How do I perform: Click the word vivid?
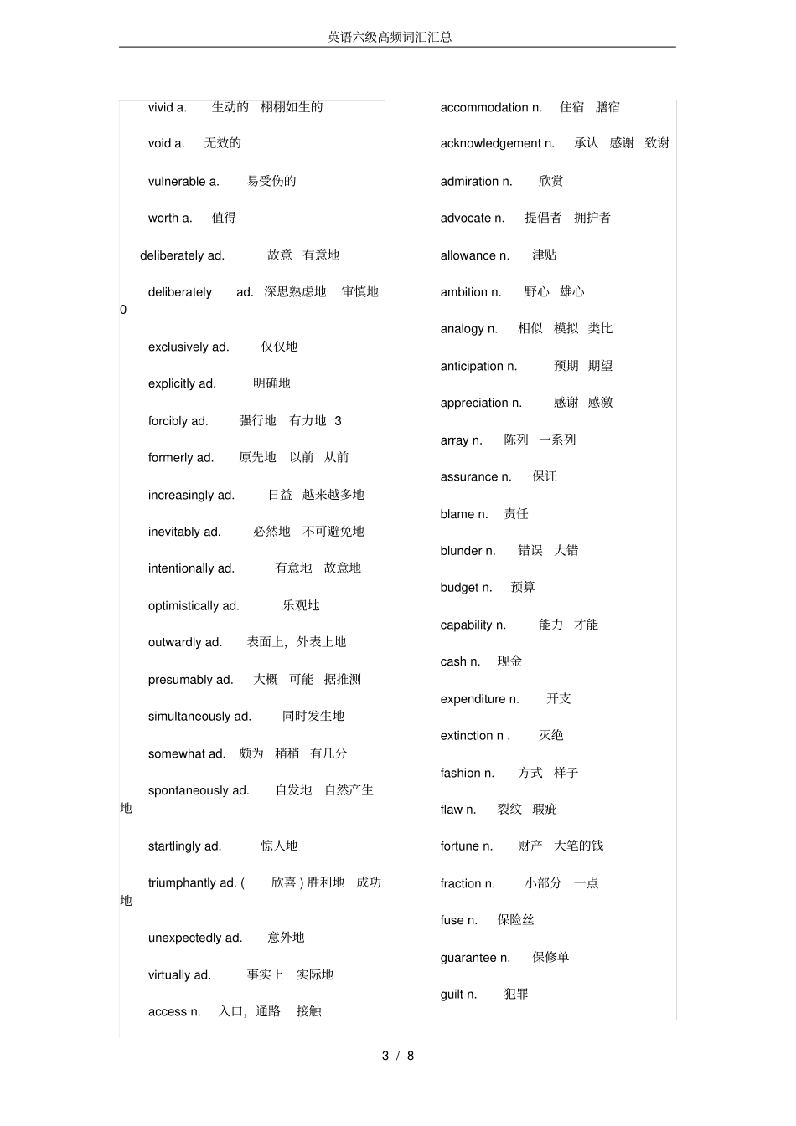(x=160, y=107)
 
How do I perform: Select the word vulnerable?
(x=177, y=182)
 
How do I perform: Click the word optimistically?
(x=183, y=606)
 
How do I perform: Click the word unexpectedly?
(x=184, y=938)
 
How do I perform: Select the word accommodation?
(x=484, y=108)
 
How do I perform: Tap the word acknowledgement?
(x=491, y=144)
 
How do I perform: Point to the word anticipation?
(x=472, y=367)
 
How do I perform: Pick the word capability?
(x=466, y=625)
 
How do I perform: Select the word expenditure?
(x=473, y=699)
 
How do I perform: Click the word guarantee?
(x=468, y=958)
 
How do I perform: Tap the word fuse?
(x=452, y=921)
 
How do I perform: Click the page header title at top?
(x=390, y=37)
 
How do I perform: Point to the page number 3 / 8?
(x=398, y=1056)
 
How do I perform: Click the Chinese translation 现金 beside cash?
(x=509, y=661)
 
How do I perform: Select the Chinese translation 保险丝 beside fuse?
(x=515, y=920)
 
